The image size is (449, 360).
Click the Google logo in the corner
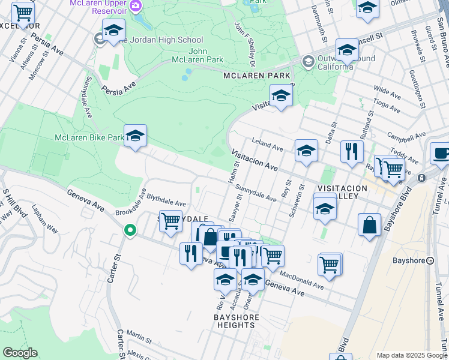[x=20, y=352]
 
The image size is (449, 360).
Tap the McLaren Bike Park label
[x=88, y=137]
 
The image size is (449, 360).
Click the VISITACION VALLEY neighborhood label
[x=342, y=193]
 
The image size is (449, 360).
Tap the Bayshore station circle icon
[x=430, y=260]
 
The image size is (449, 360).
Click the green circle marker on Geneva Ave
[x=129, y=230]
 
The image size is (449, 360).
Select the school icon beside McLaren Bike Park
[x=136, y=136]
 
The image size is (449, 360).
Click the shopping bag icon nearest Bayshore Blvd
[x=370, y=225]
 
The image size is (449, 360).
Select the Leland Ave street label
[x=268, y=147]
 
